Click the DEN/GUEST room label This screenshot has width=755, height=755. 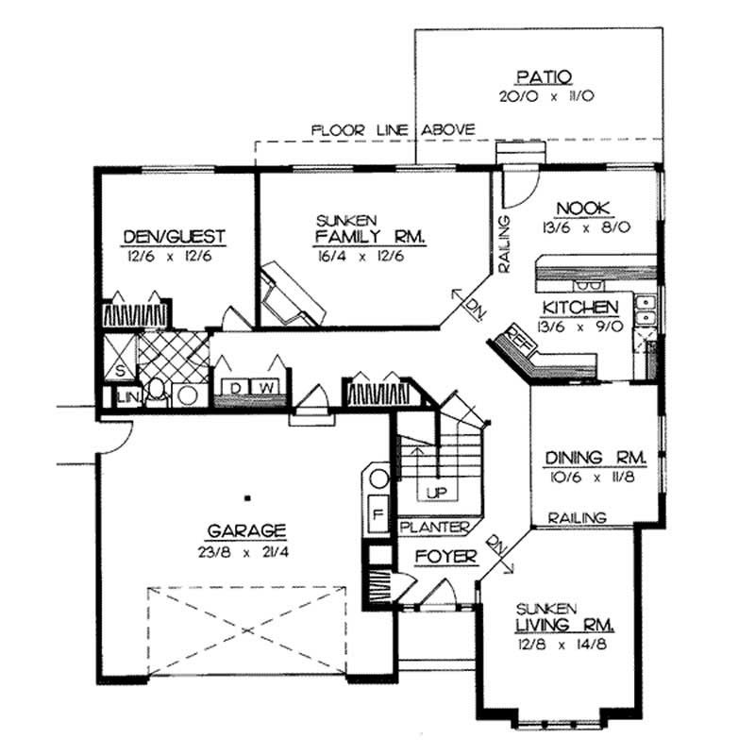[x=174, y=236]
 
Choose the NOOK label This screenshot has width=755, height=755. [x=586, y=209]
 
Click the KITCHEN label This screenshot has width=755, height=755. [x=579, y=308]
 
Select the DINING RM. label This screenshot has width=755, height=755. [x=596, y=457]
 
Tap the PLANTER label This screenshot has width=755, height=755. [x=435, y=526]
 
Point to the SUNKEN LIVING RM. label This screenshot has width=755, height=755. [x=563, y=617]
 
